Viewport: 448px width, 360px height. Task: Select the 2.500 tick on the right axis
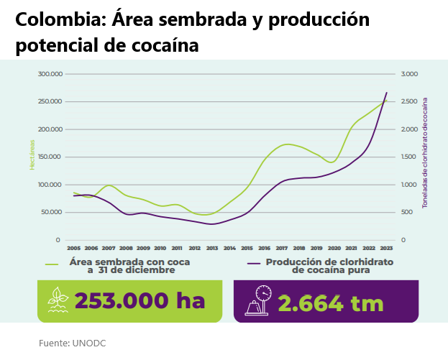pyautogui.click(x=408, y=101)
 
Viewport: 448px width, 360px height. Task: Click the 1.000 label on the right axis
pyautogui.click(x=408, y=185)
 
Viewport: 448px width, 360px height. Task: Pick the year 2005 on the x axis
pyautogui.click(x=73, y=248)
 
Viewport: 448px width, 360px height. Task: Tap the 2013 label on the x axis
pyautogui.click(x=212, y=248)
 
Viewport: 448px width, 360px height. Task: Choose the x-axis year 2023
pyautogui.click(x=386, y=248)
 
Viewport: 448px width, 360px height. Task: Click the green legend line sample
pyautogui.click(x=52, y=264)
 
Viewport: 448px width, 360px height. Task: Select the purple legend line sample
pyautogui.click(x=252, y=264)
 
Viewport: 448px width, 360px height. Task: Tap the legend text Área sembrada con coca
pyautogui.click(x=129, y=262)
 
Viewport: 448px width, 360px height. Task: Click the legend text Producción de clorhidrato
pyautogui.click(x=330, y=262)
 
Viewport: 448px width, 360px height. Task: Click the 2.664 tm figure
pyautogui.click(x=332, y=303)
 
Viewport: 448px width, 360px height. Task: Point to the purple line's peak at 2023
pyautogui.click(x=387, y=92)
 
